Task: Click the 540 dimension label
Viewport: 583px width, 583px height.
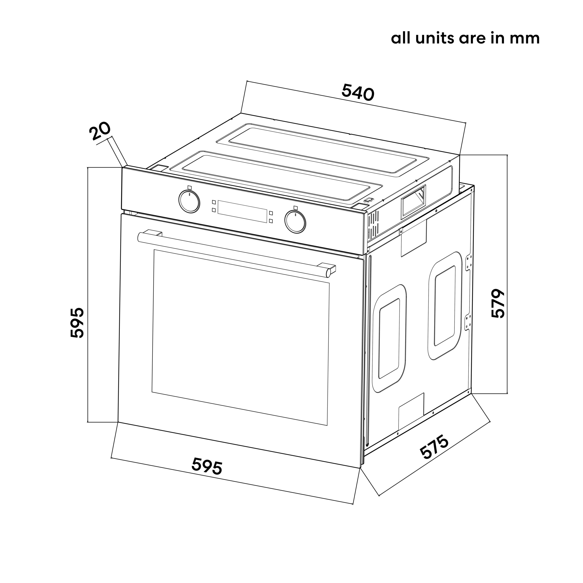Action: click(358, 92)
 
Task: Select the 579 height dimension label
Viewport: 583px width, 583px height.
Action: click(498, 303)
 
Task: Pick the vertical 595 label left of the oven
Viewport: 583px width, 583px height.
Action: click(77, 322)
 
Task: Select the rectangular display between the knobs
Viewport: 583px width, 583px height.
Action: click(242, 212)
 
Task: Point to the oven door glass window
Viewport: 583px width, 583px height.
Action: click(240, 337)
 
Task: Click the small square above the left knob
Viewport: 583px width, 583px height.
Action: click(189, 187)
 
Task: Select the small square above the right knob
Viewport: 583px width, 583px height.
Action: click(295, 208)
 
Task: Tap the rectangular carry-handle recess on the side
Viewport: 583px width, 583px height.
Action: click(413, 201)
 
